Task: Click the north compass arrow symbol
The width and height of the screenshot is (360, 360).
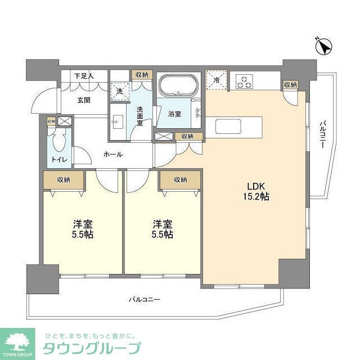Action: point(325,46)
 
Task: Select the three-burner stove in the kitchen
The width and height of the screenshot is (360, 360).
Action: point(244,82)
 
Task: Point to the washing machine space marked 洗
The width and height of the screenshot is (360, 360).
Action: point(119,90)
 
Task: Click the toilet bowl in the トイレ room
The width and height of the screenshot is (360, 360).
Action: point(60,139)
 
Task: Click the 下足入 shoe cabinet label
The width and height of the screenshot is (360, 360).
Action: point(84,75)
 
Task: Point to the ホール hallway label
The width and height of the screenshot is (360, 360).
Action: point(113,154)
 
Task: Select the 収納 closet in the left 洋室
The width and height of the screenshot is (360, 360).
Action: point(63,179)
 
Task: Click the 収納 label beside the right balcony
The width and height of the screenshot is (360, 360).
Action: point(290,84)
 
